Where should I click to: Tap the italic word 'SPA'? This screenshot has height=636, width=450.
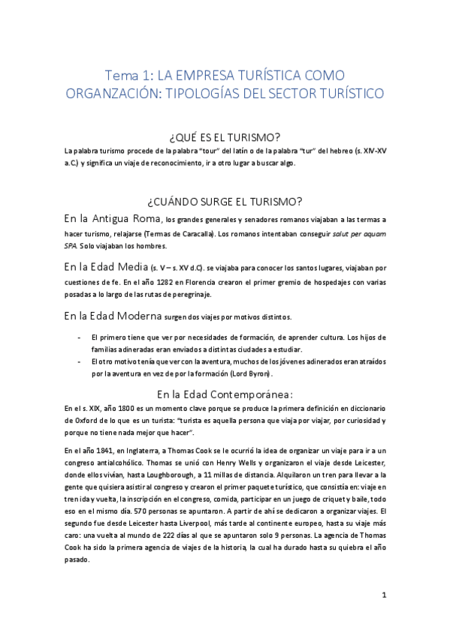click(72, 247)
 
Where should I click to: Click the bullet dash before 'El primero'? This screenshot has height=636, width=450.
click(80, 338)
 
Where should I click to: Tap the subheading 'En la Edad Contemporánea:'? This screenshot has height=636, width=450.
click(225, 394)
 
